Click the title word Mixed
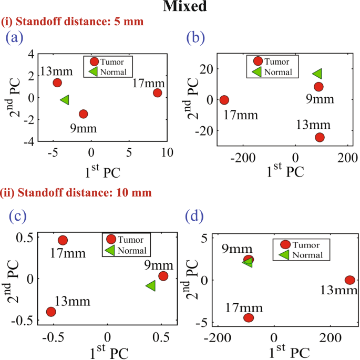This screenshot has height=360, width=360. click(180, 7)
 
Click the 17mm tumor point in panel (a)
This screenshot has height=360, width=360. click(157, 92)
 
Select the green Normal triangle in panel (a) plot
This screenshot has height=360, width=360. click(65, 99)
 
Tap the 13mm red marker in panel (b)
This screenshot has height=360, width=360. click(320, 137)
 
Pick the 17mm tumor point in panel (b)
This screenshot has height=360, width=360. click(224, 100)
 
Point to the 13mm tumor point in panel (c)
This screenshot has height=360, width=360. click(51, 312)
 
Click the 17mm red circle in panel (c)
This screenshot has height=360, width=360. click(63, 240)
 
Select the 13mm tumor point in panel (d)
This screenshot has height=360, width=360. click(349, 280)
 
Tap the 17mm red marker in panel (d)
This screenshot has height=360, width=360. click(249, 317)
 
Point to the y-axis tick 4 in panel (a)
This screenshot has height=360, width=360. click(32, 54)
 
